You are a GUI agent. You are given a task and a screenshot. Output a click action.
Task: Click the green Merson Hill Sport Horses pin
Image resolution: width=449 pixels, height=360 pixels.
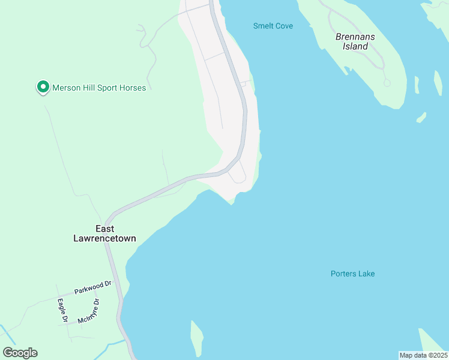43,88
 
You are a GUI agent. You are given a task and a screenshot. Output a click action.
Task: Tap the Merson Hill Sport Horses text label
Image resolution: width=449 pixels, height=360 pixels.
99,88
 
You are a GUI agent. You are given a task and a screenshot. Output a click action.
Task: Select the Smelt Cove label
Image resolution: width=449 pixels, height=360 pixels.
273,26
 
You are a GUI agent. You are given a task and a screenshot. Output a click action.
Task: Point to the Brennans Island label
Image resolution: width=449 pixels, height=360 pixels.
355,41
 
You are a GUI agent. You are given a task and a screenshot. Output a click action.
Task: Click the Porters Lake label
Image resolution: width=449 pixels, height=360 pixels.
352,274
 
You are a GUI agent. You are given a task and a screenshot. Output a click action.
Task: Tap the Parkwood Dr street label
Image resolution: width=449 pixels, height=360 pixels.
93,287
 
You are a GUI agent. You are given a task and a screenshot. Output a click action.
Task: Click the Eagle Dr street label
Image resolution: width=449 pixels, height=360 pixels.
62,310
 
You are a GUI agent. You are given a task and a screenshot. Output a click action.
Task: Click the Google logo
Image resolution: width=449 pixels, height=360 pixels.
20,353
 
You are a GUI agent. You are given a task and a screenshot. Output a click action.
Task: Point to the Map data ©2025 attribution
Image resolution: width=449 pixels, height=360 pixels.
423,355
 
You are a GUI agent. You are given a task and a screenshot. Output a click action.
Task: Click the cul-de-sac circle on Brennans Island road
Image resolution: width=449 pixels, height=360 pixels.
387,83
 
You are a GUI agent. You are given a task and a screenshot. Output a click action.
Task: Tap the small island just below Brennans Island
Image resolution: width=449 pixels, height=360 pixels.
421,117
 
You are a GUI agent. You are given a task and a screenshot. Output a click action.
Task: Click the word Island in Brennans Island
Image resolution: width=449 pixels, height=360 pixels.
355,46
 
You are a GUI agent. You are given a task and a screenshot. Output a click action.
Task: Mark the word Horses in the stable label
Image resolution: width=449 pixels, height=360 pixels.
133,88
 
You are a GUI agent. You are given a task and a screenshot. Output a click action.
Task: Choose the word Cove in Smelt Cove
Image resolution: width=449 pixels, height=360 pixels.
283,26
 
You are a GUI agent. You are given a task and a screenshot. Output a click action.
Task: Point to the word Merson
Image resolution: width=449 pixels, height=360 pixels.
65,88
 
